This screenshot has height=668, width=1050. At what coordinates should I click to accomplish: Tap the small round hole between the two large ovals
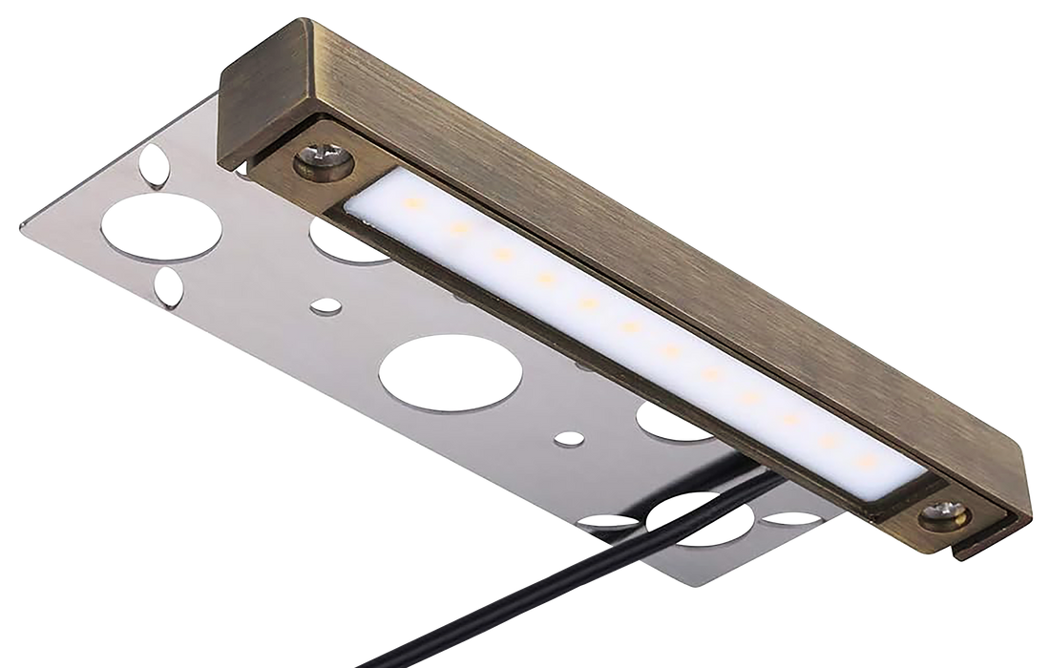(326, 307)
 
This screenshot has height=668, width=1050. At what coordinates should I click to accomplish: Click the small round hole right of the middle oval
(570, 440)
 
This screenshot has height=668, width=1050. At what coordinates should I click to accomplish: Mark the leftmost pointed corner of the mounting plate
(21, 223)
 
